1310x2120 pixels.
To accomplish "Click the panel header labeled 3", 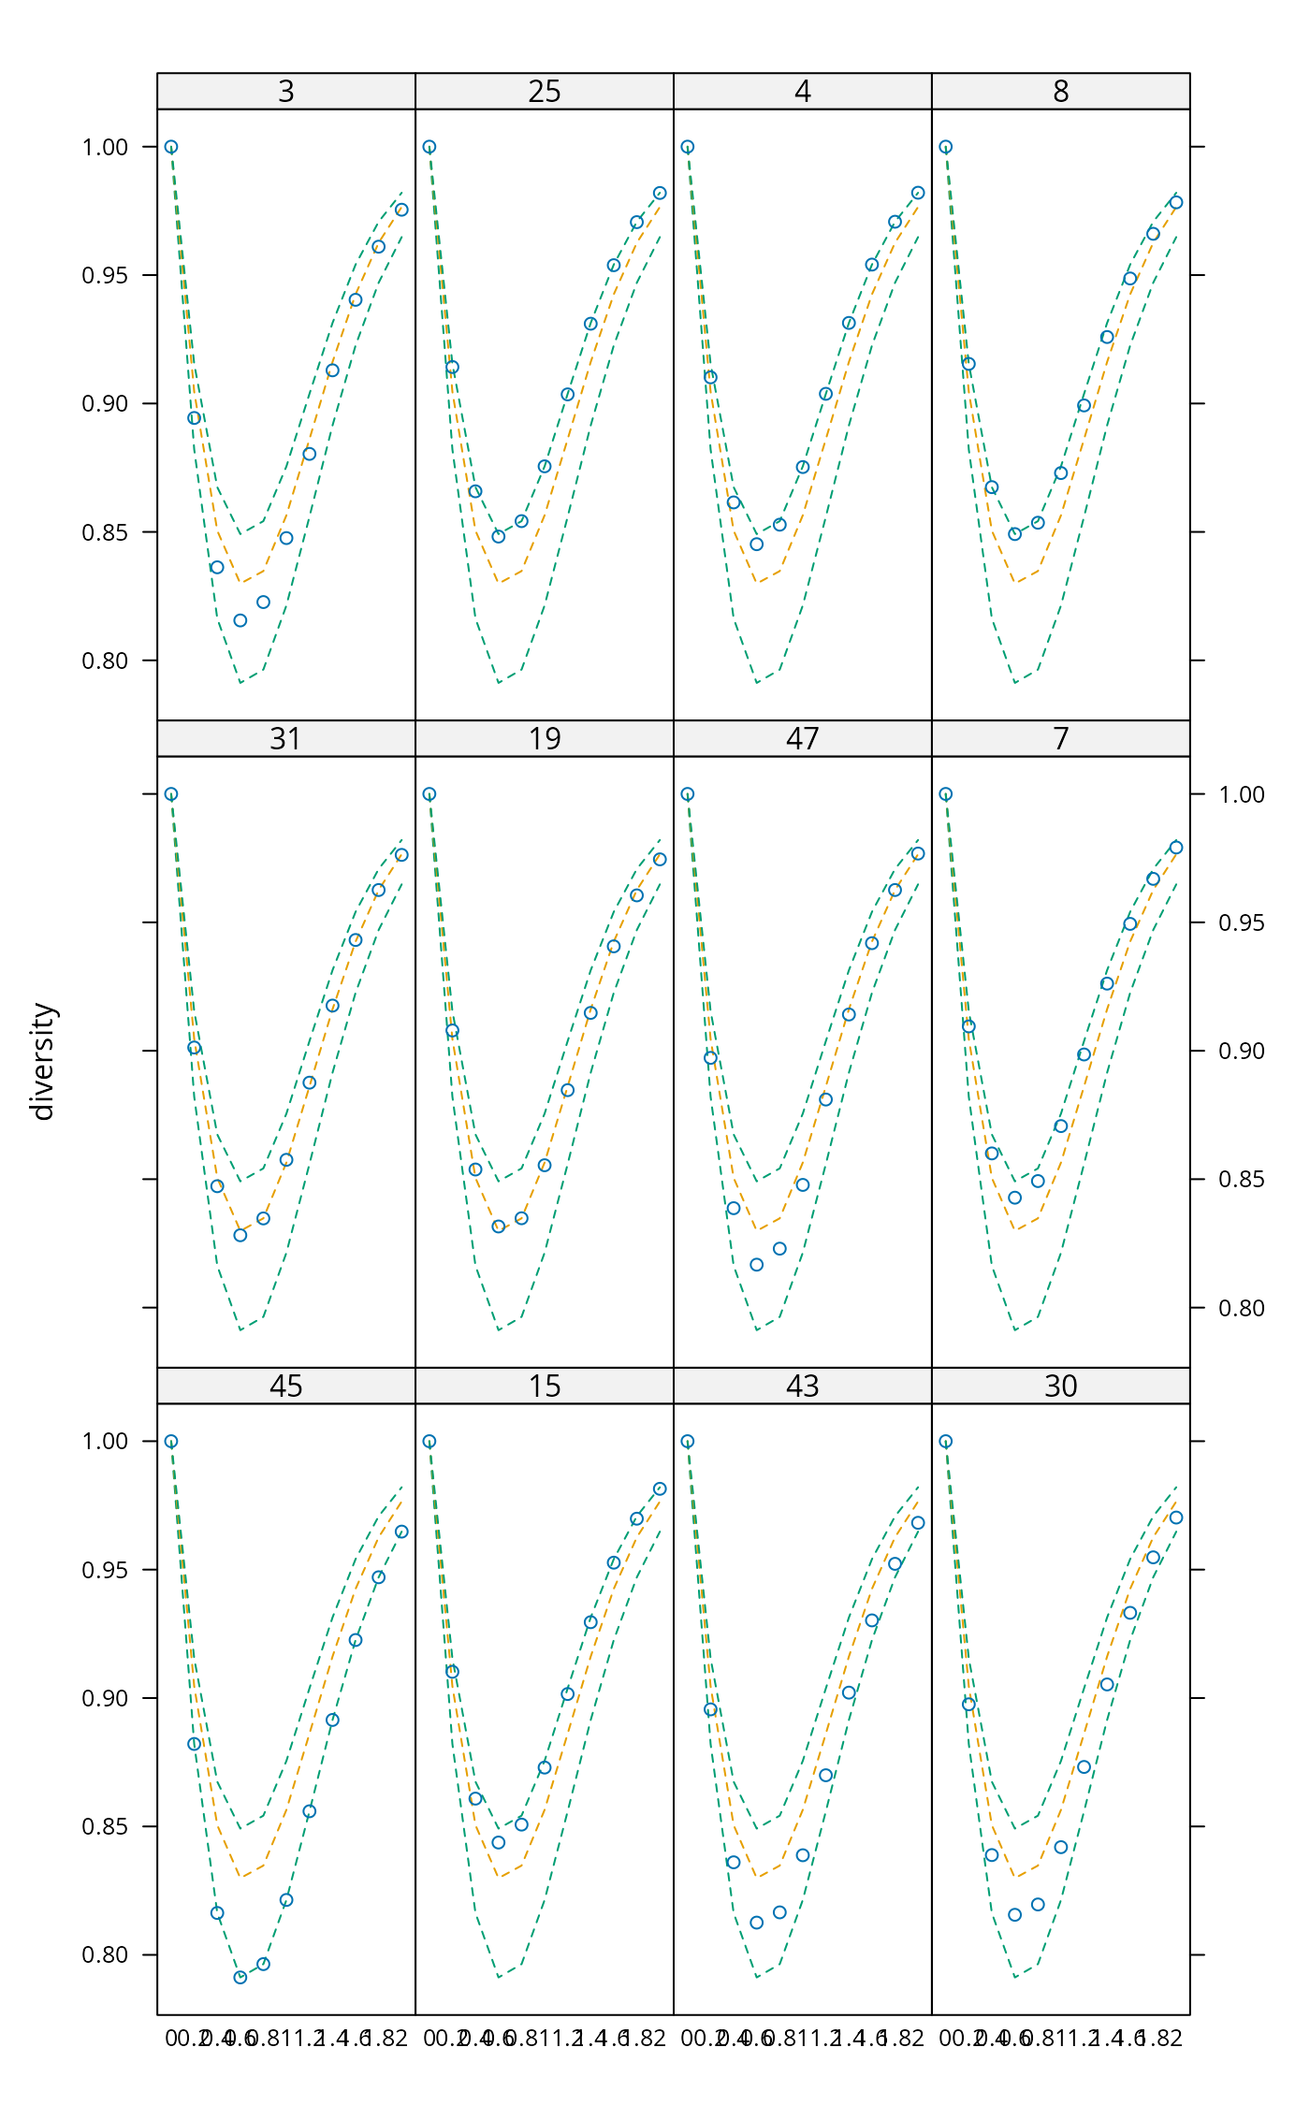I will [286, 92].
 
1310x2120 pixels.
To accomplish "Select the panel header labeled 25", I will [545, 92].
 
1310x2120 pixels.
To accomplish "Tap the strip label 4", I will [803, 92].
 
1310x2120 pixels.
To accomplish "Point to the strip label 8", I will [1060, 92].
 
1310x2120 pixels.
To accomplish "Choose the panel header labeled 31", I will [286, 739].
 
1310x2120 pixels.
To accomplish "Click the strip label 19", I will [545, 739].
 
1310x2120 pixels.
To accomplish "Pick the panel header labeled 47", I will [803, 739].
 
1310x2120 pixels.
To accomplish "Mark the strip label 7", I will [1060, 739].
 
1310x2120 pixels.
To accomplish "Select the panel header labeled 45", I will [286, 1387].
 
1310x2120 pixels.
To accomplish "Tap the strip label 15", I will [545, 1387].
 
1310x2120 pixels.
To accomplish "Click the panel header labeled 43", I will [803, 1387].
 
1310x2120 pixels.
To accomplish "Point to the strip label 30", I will [1060, 1387].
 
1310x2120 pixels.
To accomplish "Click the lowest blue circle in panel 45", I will [240, 1977].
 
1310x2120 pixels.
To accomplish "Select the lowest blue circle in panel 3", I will [240, 620].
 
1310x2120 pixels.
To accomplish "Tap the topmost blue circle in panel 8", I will [946, 147].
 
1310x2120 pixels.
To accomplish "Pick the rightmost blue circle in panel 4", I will [918, 193].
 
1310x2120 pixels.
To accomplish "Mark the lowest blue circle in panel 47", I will [757, 1265].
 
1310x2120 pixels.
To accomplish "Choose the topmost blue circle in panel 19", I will [429, 794].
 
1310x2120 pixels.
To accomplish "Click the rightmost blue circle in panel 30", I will [1176, 1517].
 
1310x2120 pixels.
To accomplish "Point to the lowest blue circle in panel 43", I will [757, 1923].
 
